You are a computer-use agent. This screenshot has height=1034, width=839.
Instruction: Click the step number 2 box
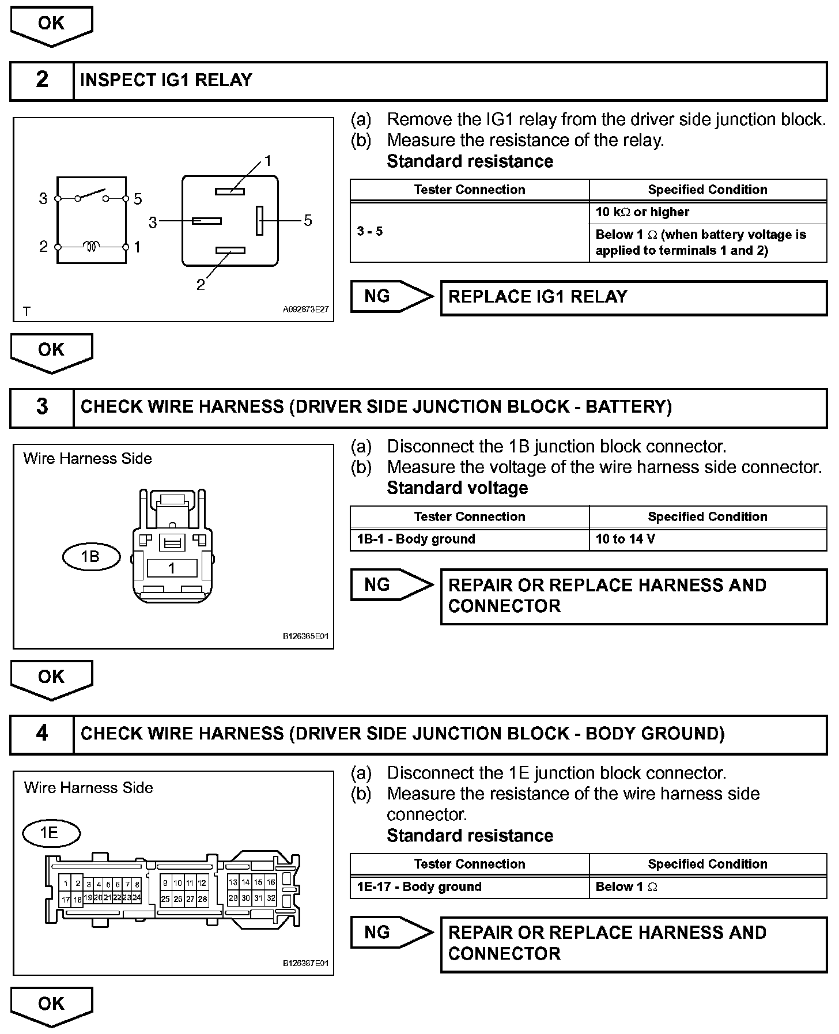click(x=41, y=80)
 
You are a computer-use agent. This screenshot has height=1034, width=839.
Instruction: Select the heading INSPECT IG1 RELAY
click(x=166, y=80)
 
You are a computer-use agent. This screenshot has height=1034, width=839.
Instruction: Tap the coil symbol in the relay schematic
click(x=91, y=247)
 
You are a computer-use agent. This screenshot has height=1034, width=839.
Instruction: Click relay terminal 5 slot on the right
click(x=260, y=220)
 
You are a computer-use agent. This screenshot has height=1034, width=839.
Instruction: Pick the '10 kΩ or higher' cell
click(x=707, y=212)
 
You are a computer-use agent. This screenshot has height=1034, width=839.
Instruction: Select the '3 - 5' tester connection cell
click(x=469, y=232)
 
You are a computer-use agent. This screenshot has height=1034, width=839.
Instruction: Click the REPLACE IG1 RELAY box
click(x=633, y=297)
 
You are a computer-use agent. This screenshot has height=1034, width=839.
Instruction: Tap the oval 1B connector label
click(x=90, y=557)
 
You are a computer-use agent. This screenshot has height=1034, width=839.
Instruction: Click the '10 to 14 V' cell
click(x=707, y=539)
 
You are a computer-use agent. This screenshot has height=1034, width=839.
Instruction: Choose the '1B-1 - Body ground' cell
click(x=469, y=539)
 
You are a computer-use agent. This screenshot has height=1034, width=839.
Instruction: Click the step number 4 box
click(x=41, y=734)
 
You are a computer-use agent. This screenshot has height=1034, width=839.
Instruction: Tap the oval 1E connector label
click(x=51, y=833)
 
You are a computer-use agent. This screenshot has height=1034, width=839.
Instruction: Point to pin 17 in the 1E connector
click(x=66, y=900)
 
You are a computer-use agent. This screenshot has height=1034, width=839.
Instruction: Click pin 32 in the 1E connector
click(x=271, y=898)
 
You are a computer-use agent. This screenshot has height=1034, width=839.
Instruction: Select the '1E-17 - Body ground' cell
click(x=469, y=887)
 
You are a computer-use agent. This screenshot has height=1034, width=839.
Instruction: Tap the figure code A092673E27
click(x=305, y=310)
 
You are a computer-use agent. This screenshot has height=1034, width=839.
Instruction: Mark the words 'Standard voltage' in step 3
click(x=458, y=488)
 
